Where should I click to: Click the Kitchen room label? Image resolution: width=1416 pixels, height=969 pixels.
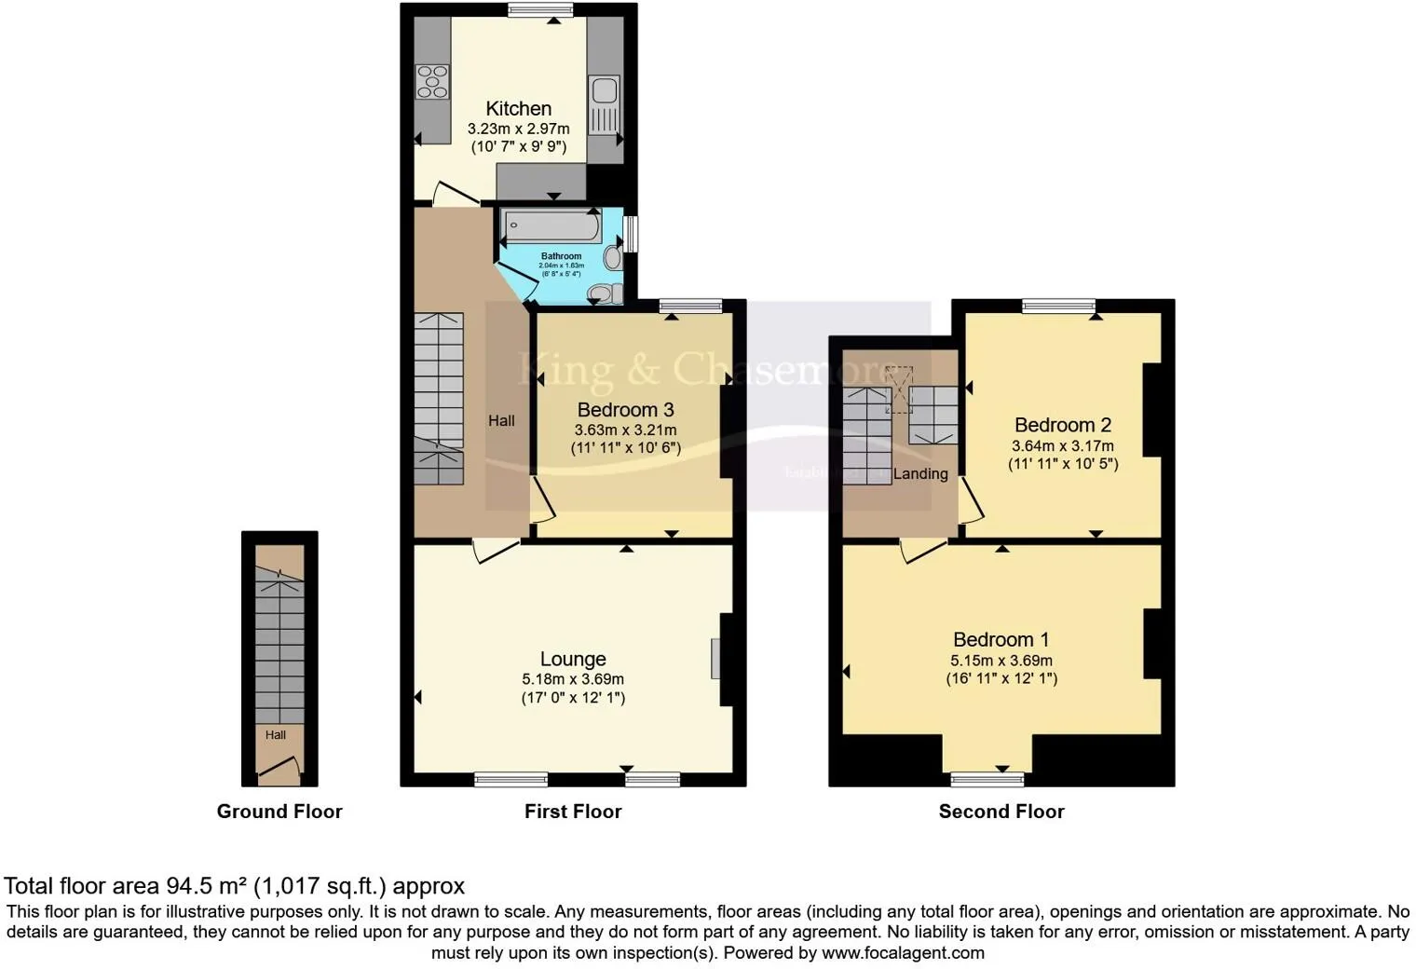click(x=518, y=109)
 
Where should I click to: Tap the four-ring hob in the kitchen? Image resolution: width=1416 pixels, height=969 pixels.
click(x=432, y=81)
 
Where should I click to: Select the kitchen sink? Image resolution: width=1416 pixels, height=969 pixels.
click(x=603, y=91)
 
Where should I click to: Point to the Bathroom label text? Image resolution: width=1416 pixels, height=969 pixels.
click(x=561, y=256)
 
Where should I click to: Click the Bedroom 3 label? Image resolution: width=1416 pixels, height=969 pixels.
click(x=625, y=410)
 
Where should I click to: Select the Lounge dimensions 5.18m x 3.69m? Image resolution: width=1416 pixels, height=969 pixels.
click(x=573, y=679)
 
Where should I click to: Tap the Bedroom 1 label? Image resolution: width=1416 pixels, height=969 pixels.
click(x=1001, y=640)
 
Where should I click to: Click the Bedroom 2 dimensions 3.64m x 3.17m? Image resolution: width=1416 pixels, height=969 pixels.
click(x=1062, y=445)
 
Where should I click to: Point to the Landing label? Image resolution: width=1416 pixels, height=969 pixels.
click(x=920, y=474)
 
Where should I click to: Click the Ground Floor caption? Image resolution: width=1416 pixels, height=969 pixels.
click(x=279, y=812)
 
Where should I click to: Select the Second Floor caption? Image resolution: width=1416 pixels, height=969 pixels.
click(x=1001, y=812)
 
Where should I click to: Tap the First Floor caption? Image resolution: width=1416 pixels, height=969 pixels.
click(x=572, y=812)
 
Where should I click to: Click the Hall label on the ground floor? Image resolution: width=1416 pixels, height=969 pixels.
click(x=275, y=735)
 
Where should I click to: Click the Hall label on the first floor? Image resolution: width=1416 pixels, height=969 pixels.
click(x=501, y=421)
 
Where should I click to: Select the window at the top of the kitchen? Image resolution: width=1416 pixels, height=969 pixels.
click(x=540, y=10)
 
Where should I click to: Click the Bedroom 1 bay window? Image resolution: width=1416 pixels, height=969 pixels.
click(x=987, y=778)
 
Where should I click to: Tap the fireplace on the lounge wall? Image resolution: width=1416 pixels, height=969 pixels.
click(x=715, y=658)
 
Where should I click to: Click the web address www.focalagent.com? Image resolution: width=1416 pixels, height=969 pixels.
click(x=903, y=953)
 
